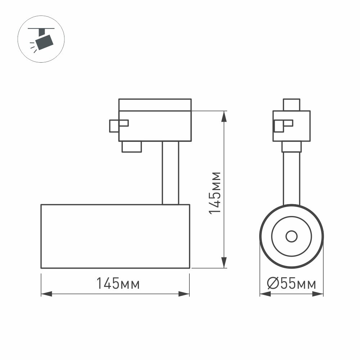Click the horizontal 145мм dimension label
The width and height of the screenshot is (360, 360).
click(x=118, y=284)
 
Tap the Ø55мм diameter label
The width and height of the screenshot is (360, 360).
click(x=292, y=284)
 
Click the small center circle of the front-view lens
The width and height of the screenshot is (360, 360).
click(x=291, y=237)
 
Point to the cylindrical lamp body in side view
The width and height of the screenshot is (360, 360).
click(x=115, y=237)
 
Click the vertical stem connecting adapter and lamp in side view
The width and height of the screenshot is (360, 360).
click(x=170, y=173)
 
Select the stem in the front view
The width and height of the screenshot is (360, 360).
click(x=291, y=178)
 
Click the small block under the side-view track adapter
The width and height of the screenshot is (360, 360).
click(x=131, y=147)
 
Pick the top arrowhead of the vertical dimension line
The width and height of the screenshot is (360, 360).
click(x=224, y=116)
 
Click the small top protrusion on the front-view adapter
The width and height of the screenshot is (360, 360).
click(x=292, y=105)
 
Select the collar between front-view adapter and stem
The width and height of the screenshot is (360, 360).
click(x=291, y=147)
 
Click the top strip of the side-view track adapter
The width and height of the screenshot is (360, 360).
click(x=155, y=105)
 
